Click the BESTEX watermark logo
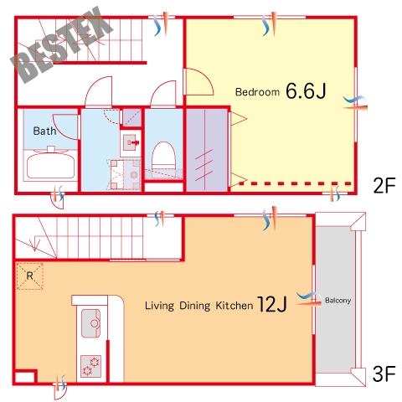pos(61,44)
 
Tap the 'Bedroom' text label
pos(257,92)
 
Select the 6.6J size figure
pos(306,90)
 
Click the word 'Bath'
pos(44,131)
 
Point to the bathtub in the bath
pos(51,165)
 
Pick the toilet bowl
pos(163,157)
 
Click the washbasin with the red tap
pos(131,142)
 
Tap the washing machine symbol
pos(124,174)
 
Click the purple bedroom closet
pos(207,150)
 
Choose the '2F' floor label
pos(384,185)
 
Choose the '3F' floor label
pos(384,374)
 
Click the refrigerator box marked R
pos(29,276)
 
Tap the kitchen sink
pos(90,323)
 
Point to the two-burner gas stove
pos(90,366)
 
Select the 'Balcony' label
pos(338,301)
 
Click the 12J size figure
pos(271,304)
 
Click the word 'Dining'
pos(194,306)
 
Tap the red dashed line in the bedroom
pos(295,183)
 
